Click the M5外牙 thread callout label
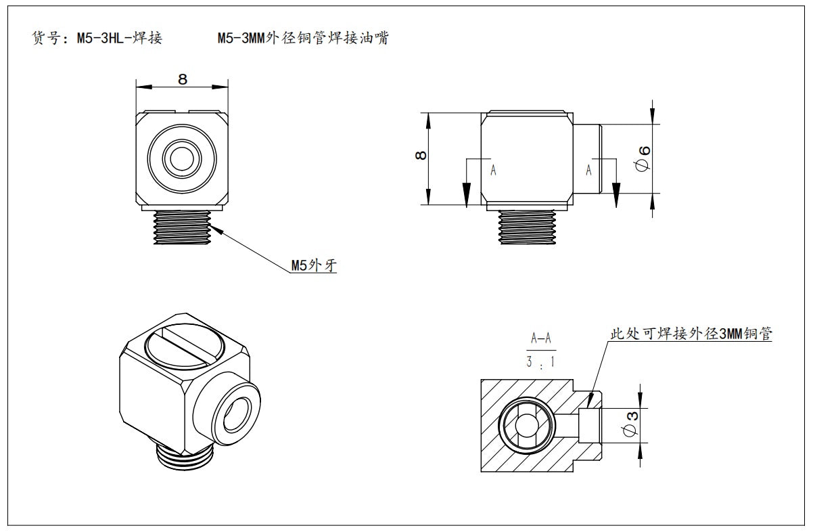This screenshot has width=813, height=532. click(x=313, y=265)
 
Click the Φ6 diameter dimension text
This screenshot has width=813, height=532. click(x=645, y=158)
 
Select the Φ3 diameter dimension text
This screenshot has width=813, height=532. click(x=628, y=424)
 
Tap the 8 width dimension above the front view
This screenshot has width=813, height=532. click(x=182, y=79)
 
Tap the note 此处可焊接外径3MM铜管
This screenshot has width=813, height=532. click(x=691, y=334)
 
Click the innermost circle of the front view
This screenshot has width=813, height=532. click(x=181, y=160)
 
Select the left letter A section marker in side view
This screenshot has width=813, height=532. click(x=493, y=171)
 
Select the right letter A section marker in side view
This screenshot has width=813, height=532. click(x=588, y=171)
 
